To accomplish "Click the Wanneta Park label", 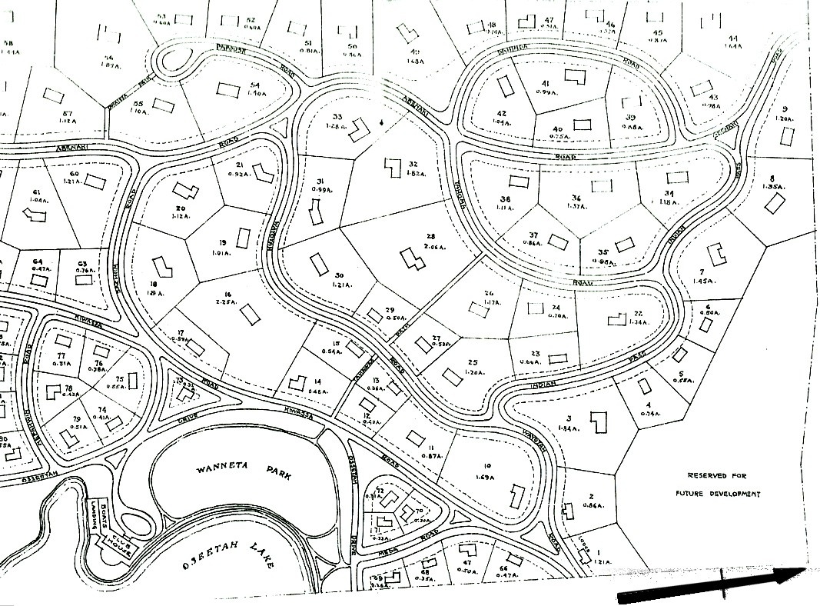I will coord(231,471).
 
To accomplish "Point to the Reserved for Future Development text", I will coord(718,484).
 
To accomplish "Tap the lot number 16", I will coord(227,295).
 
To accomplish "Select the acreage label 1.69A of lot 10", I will coord(486,477).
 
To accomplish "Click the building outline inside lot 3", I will coord(596,421).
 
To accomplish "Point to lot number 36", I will coord(576,198).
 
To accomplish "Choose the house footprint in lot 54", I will coord(229,88).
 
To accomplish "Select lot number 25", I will coord(472,361).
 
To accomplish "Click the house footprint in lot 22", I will coord(616,318).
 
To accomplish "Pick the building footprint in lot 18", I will coord(162,267).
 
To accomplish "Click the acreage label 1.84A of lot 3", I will coord(569,428).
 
